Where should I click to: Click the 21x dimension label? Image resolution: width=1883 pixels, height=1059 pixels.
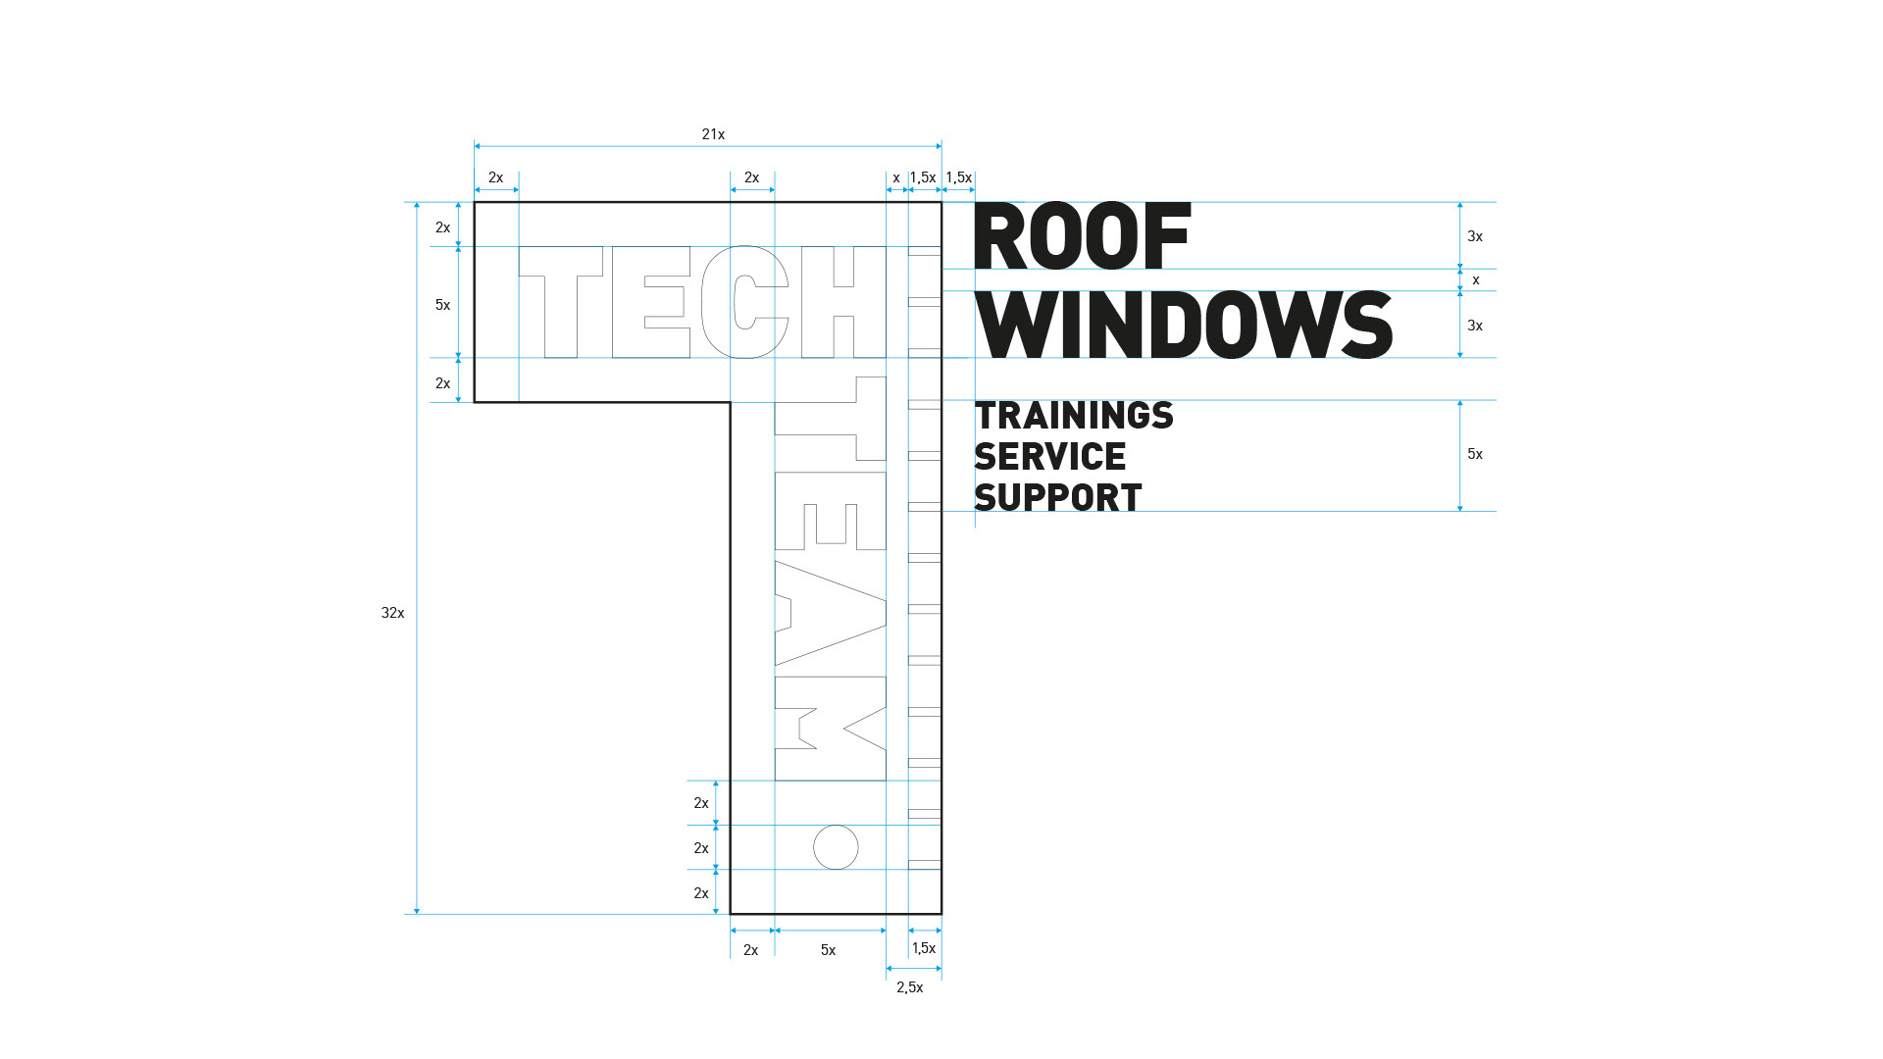pos(713,134)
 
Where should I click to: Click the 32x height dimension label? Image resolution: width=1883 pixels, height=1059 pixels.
pos(392,613)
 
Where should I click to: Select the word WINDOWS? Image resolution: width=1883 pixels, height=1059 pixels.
pos(1184,326)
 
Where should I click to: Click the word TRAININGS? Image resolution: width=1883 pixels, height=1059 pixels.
pos(1074,416)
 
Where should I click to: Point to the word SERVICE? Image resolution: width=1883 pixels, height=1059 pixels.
pos(1050,457)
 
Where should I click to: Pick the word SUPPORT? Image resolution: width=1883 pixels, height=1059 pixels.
pos(1058,498)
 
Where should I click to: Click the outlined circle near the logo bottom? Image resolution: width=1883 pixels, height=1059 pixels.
pos(836,847)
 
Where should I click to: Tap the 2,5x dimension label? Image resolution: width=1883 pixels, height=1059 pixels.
pos(909,987)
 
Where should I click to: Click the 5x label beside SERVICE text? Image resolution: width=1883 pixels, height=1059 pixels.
pos(1475,454)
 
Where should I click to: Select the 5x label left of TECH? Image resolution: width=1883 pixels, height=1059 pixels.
pos(442,305)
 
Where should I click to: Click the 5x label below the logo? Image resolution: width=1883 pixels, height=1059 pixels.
pos(828,950)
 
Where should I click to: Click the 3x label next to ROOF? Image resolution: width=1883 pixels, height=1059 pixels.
pos(1475,236)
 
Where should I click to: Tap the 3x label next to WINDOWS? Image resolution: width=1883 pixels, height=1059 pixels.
pos(1475,326)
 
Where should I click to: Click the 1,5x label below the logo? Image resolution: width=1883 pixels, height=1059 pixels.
pos(924,948)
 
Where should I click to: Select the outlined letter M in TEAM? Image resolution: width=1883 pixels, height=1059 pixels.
pos(831,729)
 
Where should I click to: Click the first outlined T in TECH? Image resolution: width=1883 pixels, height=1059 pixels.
pos(560,302)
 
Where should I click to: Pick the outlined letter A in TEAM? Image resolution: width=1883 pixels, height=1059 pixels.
pos(831,613)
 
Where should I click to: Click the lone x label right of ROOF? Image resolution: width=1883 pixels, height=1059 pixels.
pos(1476,280)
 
